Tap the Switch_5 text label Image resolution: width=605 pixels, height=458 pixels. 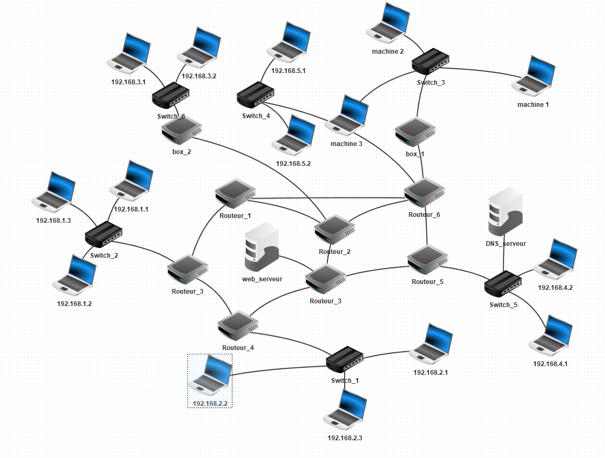click(503, 305)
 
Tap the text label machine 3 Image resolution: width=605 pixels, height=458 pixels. click(346, 144)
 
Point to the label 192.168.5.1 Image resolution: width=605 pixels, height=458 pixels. click(288, 71)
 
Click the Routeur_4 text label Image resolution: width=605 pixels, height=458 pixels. click(238, 347)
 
